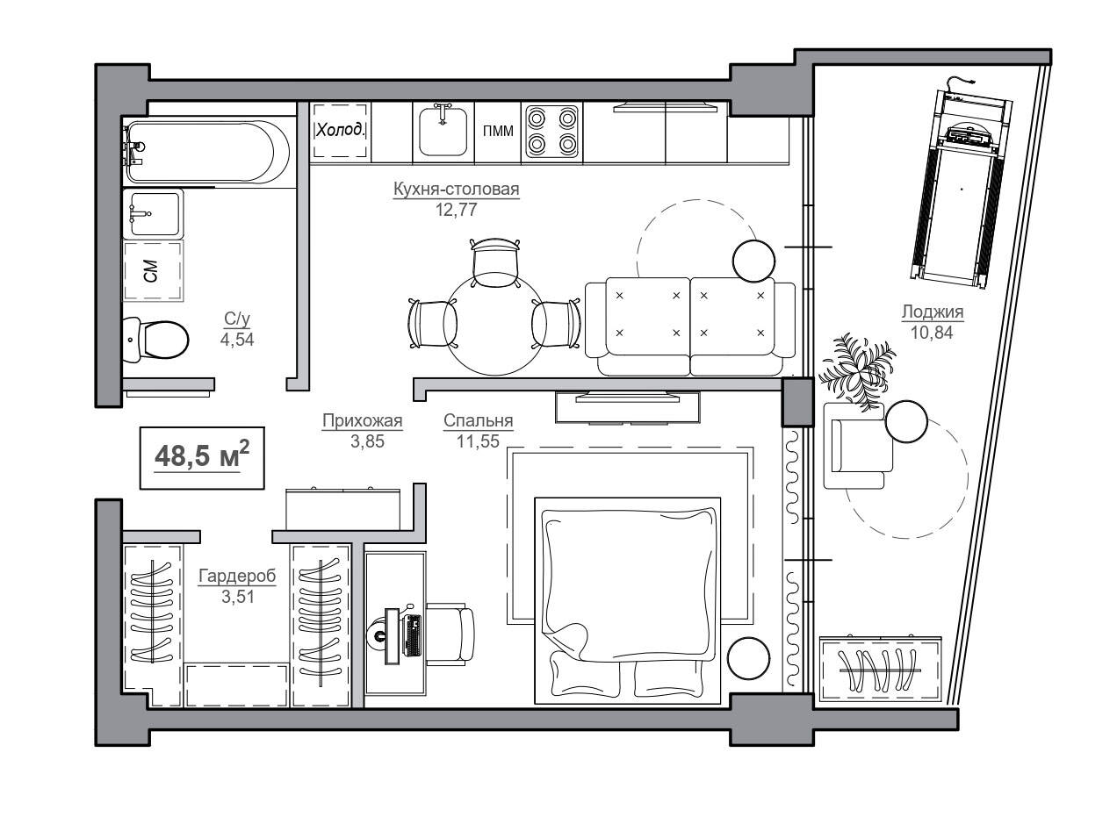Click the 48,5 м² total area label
click(x=202, y=455)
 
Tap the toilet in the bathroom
click(x=155, y=340)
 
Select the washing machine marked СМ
click(x=153, y=270)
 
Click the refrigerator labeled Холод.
click(x=341, y=131)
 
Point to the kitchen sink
click(x=443, y=131)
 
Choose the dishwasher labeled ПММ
click(x=498, y=131)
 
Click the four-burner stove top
click(x=552, y=133)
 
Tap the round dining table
click(x=494, y=324)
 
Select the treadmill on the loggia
click(x=962, y=183)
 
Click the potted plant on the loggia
click(x=857, y=371)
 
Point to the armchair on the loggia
click(x=858, y=445)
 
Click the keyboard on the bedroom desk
click(x=413, y=635)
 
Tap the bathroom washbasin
click(x=153, y=212)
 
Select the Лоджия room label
click(x=932, y=312)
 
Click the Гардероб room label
click(x=237, y=576)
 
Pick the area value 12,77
click(x=457, y=210)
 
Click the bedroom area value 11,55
click(x=478, y=441)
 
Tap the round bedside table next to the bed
click(x=748, y=658)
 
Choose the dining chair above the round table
click(x=495, y=263)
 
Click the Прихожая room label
click(x=362, y=420)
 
